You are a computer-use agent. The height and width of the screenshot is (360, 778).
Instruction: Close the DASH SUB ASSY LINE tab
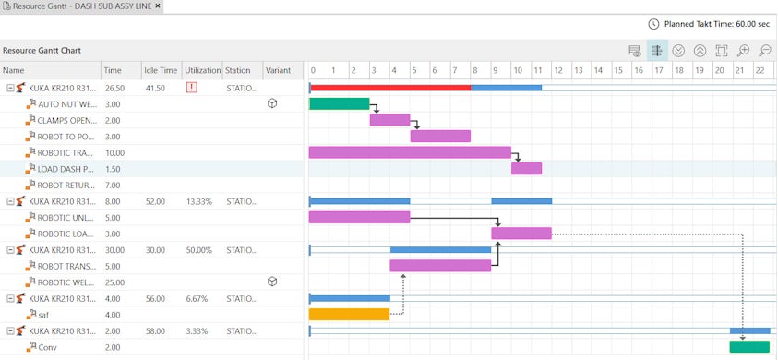[x=158, y=6]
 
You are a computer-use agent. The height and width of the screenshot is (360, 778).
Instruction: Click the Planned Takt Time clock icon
[x=654, y=24]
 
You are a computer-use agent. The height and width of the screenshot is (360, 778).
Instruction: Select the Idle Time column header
[x=161, y=70]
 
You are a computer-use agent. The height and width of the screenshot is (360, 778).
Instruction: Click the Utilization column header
[x=202, y=70]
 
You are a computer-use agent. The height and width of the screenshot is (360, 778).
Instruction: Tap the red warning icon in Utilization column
[x=192, y=88]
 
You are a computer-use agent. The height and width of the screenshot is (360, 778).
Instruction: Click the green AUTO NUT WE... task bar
[x=339, y=103]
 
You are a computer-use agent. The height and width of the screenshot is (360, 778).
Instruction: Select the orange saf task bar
[x=349, y=314]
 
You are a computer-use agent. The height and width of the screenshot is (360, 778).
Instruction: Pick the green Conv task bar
[x=748, y=347]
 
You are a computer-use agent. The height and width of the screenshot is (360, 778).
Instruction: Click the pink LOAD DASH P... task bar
[x=526, y=169]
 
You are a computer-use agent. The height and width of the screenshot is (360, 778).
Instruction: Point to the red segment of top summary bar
[x=389, y=88]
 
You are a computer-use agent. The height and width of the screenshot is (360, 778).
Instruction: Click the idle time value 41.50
[x=156, y=88]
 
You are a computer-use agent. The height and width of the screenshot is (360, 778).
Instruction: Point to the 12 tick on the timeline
[x=557, y=70]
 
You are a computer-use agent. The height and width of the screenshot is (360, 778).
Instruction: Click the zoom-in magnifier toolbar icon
[x=744, y=52]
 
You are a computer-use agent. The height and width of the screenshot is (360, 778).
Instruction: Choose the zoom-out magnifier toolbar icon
[x=765, y=52]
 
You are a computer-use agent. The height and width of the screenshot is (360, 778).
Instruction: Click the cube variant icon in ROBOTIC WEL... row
[x=272, y=282]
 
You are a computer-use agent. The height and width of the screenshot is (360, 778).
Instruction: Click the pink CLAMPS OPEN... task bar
[x=389, y=120]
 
